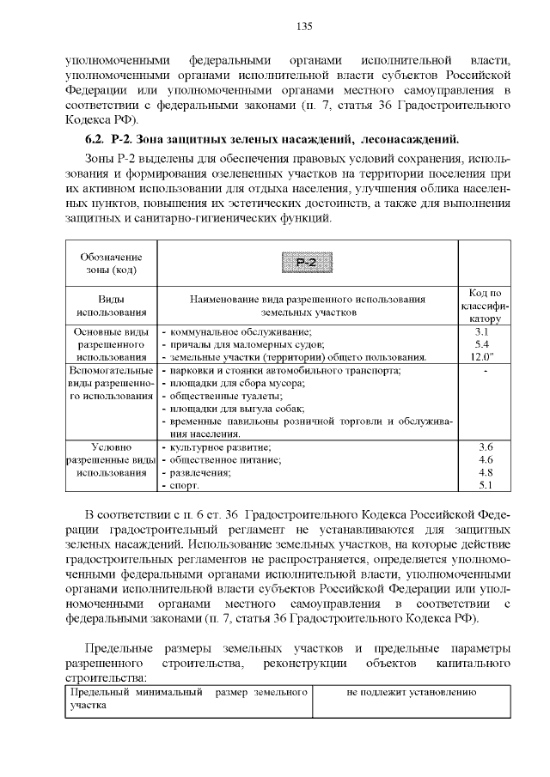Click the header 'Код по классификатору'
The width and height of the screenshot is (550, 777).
pos(485,306)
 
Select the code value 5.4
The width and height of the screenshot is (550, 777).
pos(485,343)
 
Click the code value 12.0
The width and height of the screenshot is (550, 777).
pos(485,356)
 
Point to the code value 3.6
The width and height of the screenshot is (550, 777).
pos(485,447)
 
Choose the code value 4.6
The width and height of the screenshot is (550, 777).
pos(485,460)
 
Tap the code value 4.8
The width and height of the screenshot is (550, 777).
pos(485,473)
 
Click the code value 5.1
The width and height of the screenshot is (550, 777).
pos(485,486)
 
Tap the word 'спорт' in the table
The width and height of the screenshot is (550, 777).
pos(184,486)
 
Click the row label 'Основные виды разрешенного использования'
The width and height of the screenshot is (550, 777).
pos(111,343)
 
